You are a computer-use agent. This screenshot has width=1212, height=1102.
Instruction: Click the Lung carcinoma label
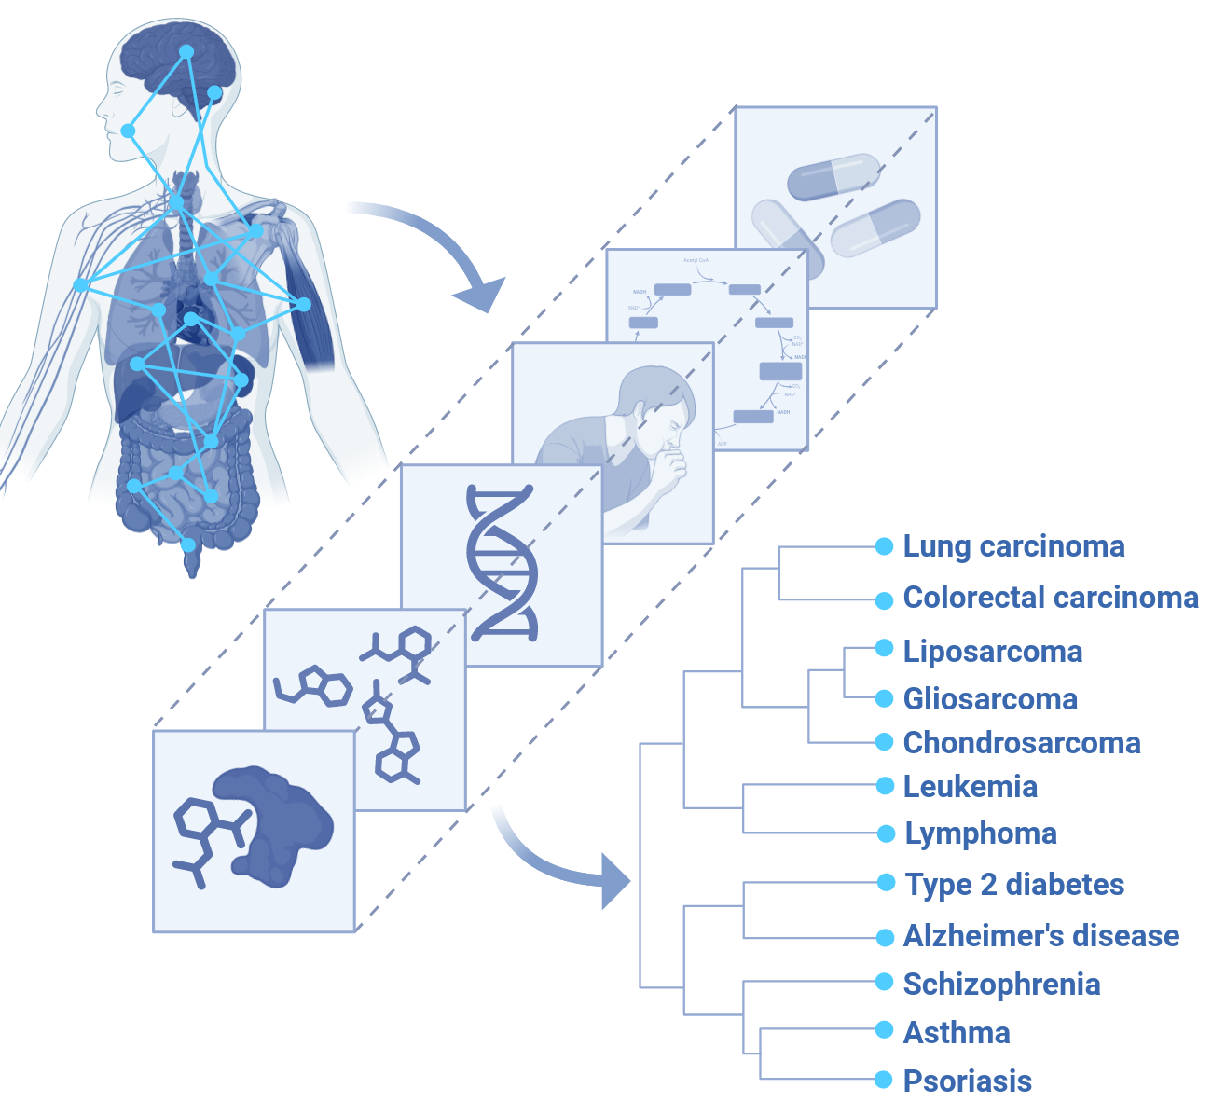click(1013, 546)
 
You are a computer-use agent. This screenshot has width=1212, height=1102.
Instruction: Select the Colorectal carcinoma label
click(1051, 598)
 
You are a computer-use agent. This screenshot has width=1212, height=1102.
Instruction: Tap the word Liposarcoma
click(993, 652)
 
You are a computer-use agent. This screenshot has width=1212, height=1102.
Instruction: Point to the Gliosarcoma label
click(990, 699)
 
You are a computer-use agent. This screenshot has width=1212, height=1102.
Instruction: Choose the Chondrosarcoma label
click(1022, 743)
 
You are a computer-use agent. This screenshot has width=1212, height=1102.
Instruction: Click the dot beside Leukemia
click(885, 786)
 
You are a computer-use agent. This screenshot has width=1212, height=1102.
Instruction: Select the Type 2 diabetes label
click(1015, 885)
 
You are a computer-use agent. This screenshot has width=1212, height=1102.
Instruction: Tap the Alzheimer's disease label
click(1041, 936)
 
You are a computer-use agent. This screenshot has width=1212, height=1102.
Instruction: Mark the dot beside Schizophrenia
click(885, 982)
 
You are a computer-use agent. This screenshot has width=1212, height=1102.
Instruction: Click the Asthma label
click(957, 1033)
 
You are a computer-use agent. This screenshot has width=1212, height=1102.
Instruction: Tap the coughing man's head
click(659, 401)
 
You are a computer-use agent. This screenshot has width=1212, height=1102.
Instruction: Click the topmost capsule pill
click(833, 176)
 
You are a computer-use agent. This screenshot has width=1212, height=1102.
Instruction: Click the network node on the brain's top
click(186, 52)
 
